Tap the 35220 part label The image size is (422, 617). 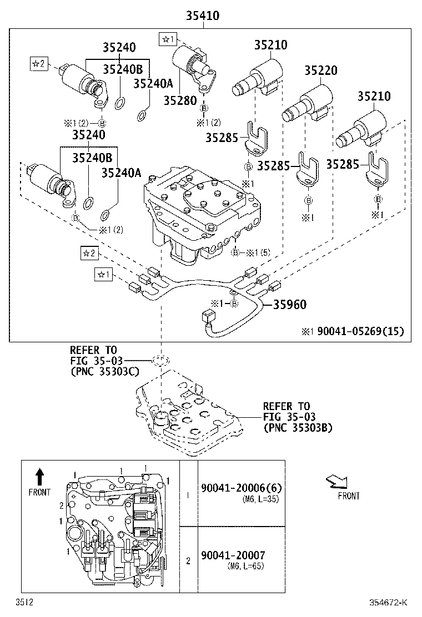(x=320, y=70)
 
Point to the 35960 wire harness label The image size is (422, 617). (x=289, y=305)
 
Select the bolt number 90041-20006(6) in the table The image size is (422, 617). (x=242, y=488)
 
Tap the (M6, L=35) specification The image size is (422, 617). (x=260, y=499)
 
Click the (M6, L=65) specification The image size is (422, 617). (x=245, y=567)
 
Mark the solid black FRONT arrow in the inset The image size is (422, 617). (x=39, y=477)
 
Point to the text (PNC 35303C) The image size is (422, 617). (x=104, y=372)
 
